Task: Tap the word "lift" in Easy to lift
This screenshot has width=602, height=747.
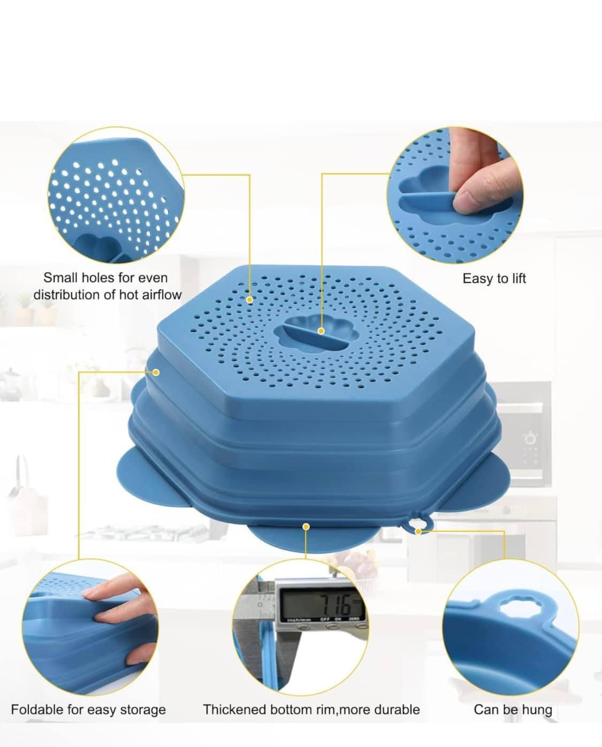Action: click(518, 279)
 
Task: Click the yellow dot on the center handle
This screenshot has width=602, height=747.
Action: click(321, 331)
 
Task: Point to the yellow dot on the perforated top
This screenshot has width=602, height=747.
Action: click(249, 300)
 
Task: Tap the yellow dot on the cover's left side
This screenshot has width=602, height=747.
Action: click(156, 372)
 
